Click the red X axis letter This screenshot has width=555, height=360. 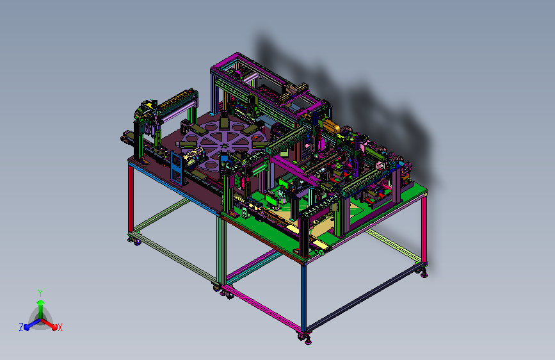point(60,327)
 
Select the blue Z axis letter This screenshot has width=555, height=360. point(21,327)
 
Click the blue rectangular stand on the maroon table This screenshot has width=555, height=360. point(177,168)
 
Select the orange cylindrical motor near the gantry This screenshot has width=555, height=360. point(331,126)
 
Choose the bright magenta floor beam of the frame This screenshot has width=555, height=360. point(262,309)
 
